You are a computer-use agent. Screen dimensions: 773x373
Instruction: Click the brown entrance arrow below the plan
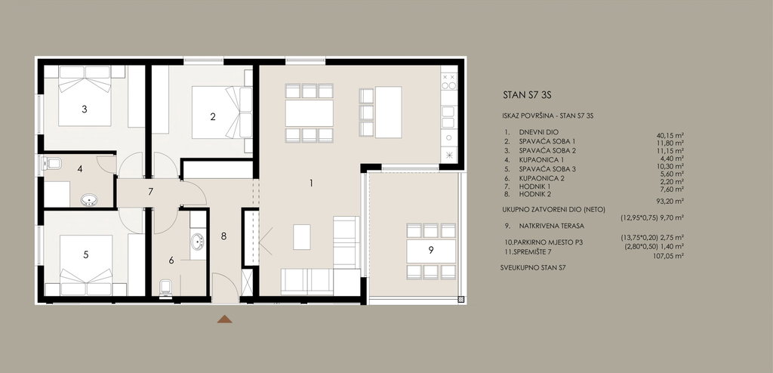pos(225,319)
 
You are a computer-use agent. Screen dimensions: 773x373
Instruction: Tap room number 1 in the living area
pos(311,183)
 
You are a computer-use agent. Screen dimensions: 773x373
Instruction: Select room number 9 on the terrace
pos(431,250)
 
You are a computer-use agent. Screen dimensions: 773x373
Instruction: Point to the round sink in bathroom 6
pos(198,242)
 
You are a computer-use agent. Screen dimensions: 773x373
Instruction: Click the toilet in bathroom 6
pos(166,288)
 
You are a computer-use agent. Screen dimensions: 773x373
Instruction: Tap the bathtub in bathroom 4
pos(89,200)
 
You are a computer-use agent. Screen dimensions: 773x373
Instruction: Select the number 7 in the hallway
pos(151,192)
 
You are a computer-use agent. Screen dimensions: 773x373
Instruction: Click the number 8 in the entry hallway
pos(223,236)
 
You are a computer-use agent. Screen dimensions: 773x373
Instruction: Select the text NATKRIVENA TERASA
pos(545,226)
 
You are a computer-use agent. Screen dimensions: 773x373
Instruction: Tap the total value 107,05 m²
pos(667,256)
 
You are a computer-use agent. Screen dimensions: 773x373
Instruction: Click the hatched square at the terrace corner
pos(461,298)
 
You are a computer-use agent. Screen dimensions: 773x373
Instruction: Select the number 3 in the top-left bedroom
pos(85,109)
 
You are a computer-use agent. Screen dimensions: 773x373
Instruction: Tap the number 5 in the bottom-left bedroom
pos(86,254)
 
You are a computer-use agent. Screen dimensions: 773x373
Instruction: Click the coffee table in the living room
pos(302,237)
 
